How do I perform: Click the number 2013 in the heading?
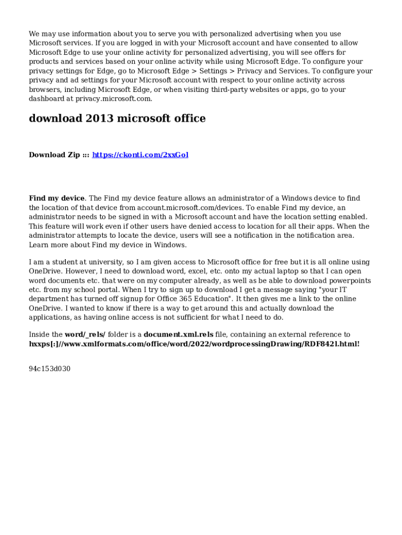98,119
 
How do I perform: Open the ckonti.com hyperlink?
140,155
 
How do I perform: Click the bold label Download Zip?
54,155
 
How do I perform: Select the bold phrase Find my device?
56,199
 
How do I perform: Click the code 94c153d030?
50,369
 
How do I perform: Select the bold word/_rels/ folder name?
85,334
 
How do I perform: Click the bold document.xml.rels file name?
179,334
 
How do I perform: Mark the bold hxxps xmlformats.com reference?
194,344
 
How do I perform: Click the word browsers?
45,90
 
